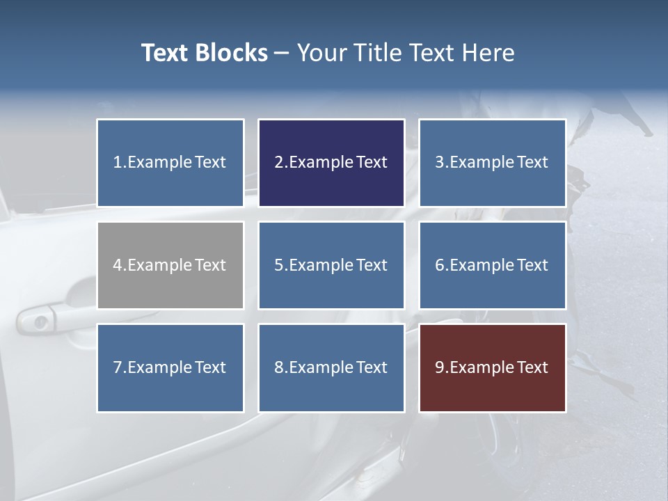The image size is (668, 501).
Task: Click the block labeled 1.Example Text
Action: coord(170,163)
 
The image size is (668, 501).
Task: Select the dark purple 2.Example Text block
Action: coord(331,163)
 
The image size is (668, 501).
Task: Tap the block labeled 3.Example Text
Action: coord(492,163)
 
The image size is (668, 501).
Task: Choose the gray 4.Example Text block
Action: coord(170,265)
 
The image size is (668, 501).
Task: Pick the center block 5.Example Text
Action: coord(331,265)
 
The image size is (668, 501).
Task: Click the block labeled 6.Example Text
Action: coord(492,265)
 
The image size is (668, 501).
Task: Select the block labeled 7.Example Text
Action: coord(170,367)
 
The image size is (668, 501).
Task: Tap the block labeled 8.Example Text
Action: coord(331,367)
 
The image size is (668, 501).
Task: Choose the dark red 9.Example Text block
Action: coord(492,367)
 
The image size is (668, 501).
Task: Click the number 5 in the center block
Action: coord(278,265)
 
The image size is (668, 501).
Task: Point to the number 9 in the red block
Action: coord(439,367)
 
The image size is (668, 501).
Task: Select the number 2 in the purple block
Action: coord(278,163)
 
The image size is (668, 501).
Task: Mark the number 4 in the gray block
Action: coord(118,265)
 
